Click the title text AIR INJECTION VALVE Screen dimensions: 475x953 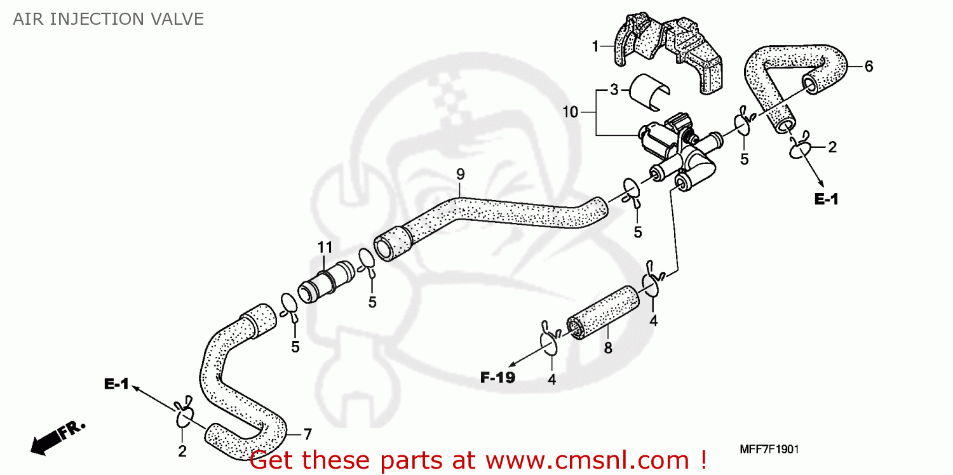tap(109, 20)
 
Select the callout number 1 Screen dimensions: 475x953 tap(595, 46)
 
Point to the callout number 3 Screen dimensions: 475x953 tap(614, 90)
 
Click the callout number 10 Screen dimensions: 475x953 tap(570, 112)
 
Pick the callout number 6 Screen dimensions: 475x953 tap(869, 66)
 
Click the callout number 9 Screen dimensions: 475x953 tap(460, 174)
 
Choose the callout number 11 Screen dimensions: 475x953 tap(325, 246)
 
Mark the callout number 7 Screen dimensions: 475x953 tap(307, 434)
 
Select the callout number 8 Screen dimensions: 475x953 tap(607, 347)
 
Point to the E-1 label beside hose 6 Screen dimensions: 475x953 tap(826, 199)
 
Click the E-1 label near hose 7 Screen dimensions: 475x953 tap(117, 384)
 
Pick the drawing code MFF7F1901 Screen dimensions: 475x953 tap(769, 450)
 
